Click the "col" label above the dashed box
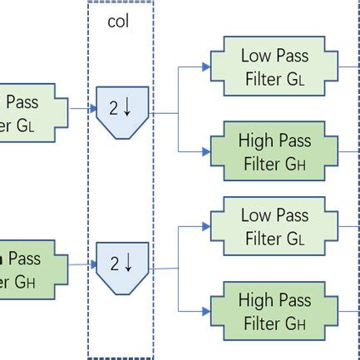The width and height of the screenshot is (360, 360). [120, 22]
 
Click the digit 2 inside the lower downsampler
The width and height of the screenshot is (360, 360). [115, 264]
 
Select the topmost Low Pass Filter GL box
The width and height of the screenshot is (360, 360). [274, 67]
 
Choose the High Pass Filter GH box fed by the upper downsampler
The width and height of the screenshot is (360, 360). [274, 152]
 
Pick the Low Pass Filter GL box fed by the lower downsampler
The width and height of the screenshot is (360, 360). [274, 227]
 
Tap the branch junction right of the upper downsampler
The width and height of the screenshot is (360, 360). [178, 111]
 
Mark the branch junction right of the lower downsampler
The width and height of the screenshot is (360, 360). [178, 269]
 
